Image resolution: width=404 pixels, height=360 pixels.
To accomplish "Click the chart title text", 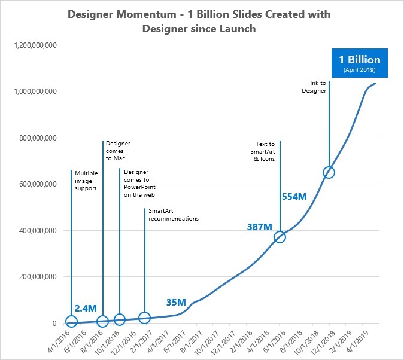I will point(201,21).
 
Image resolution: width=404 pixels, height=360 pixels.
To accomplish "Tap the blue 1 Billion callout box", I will point(359,63).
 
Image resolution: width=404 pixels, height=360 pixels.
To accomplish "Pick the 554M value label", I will point(294,196).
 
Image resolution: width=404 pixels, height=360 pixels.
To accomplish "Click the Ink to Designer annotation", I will point(314,87).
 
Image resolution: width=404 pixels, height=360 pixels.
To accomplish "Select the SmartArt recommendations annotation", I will point(174,215).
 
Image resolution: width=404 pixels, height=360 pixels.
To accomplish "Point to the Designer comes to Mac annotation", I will point(117,152).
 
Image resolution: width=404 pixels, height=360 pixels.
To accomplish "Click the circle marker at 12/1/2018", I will point(329,172).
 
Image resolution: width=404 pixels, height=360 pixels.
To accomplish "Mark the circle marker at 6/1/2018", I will point(280,237).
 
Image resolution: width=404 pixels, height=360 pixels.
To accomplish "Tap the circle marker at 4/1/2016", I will point(71,323).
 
